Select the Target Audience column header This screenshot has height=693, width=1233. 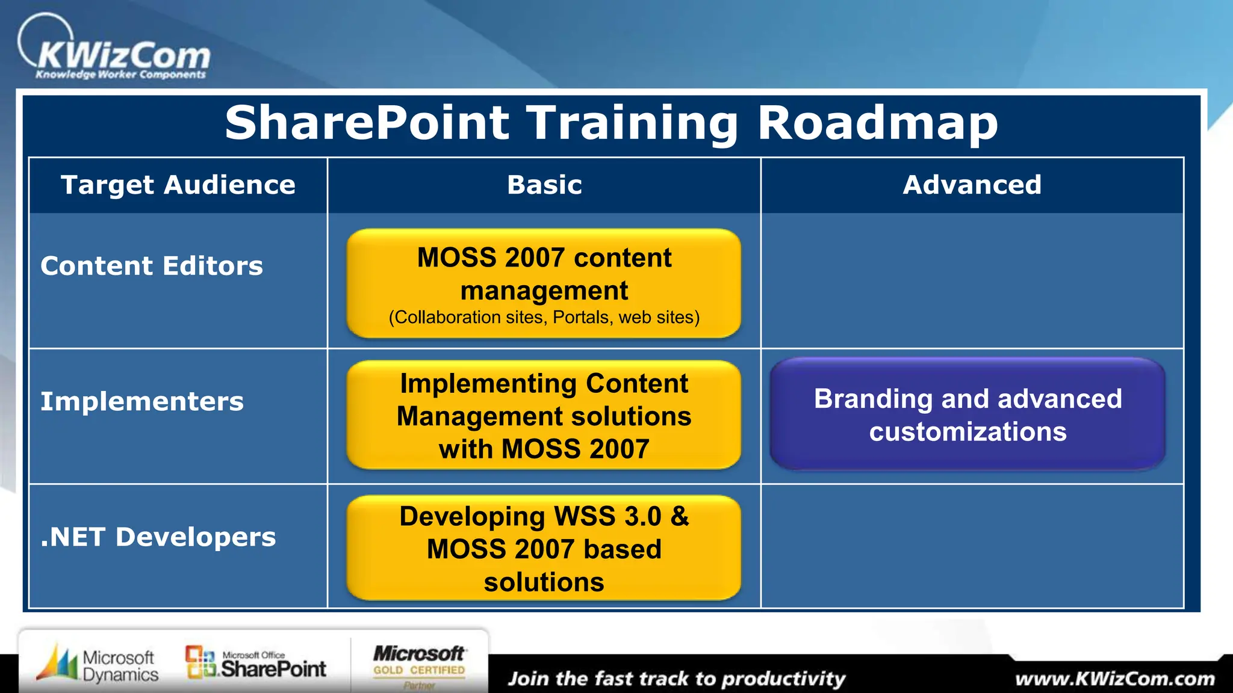point(178,185)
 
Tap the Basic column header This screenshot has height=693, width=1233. point(544,185)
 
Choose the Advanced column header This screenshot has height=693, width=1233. point(972,185)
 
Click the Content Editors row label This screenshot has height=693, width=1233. point(152,266)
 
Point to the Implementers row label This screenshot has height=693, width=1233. point(142,401)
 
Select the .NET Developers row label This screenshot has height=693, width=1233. point(158,537)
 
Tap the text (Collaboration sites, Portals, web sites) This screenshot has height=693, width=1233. point(544,317)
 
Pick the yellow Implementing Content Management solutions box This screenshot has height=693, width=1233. point(544,416)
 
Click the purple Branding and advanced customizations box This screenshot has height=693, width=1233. point(967,415)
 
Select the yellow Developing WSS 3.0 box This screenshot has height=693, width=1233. point(544,548)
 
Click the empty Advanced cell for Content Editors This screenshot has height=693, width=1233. point(972,280)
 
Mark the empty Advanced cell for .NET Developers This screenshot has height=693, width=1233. point(972,546)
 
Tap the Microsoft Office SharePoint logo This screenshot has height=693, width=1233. point(256,664)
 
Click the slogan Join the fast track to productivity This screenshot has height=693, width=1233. point(676,679)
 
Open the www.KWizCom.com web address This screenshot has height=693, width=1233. point(1114,679)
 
